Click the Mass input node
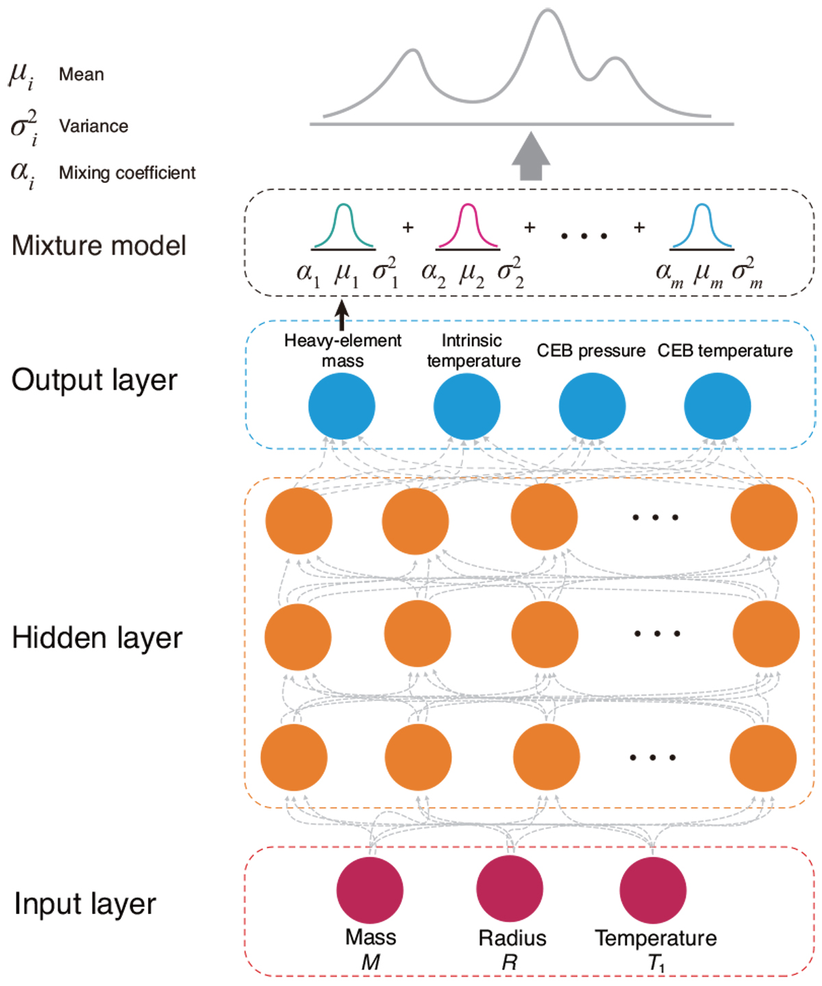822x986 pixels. click(370, 890)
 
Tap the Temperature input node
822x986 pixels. click(653, 890)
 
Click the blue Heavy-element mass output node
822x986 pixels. click(342, 406)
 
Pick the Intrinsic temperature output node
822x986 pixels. click(467, 406)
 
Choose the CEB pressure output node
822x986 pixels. click(593, 406)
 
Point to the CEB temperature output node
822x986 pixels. click(717, 406)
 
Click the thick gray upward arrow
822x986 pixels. click(531, 157)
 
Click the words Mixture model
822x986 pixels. click(99, 246)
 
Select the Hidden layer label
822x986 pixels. click(97, 638)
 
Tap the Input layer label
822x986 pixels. click(85, 904)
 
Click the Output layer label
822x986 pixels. click(95, 380)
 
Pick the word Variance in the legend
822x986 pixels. click(94, 126)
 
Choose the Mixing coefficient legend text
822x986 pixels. click(127, 173)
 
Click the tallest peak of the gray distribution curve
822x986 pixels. click(547, 12)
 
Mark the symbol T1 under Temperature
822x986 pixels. click(656, 963)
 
